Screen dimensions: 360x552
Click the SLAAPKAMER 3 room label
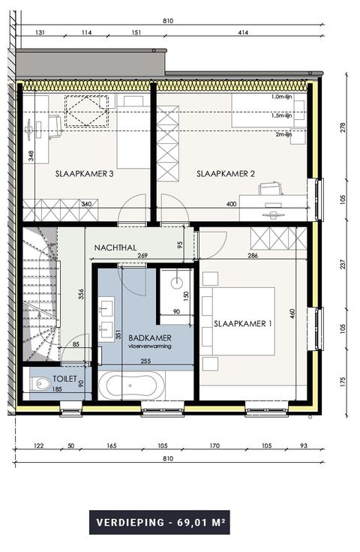pos(85,173)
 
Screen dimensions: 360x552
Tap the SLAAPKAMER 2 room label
pos(226,173)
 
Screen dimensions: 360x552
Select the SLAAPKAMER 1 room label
pos(243,323)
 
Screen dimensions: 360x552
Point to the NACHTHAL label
pos(115,247)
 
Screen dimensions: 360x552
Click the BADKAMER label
pos(150,338)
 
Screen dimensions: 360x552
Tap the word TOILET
pos(64,379)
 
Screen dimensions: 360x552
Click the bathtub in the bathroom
pos(131,385)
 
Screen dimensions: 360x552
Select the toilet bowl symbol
pos(40,383)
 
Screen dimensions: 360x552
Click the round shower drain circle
pos(177,282)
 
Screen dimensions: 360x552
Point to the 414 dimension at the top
pos(243,32)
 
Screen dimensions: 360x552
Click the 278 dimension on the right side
pos(343,127)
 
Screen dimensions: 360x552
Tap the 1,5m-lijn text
pos(281,115)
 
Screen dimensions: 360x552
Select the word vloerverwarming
pos(150,346)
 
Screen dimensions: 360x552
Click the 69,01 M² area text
pos(201,522)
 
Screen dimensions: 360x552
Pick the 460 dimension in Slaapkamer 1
pos(292,313)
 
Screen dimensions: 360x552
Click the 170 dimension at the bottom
pos(214,445)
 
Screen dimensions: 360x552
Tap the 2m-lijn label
pos(283,134)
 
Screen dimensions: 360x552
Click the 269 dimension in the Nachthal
pos(142,256)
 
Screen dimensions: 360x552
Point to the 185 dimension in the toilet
pos(57,389)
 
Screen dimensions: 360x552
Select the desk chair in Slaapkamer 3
pos(55,127)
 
